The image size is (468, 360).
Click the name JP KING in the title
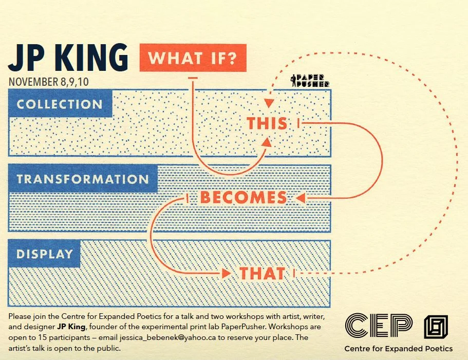[x=68, y=58]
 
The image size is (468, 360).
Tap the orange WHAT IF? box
[x=193, y=58]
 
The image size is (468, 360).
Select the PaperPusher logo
[x=310, y=80]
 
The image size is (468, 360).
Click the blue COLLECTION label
[x=60, y=104]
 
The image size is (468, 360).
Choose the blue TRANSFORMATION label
[x=83, y=179]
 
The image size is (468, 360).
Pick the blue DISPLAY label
[x=44, y=254]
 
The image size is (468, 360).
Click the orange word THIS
[x=267, y=123]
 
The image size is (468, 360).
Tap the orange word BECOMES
[x=243, y=198]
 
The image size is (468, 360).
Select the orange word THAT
[x=262, y=274]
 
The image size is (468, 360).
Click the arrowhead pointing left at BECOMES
[x=301, y=198]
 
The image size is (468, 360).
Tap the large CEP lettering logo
[x=379, y=325]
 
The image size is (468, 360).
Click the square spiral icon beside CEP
[x=436, y=326]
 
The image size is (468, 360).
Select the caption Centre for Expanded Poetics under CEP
[x=399, y=349]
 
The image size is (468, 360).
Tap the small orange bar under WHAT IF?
[x=193, y=78]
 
